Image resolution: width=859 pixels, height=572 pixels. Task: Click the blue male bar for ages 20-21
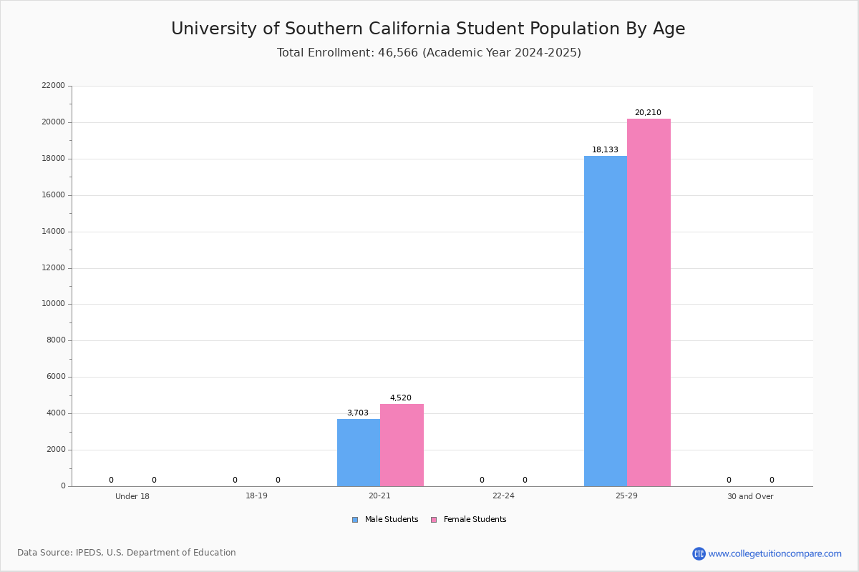pos(359,452)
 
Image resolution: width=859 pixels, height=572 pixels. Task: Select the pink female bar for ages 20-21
pos(402,445)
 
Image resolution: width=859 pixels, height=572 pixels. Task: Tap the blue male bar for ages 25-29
pos(606,321)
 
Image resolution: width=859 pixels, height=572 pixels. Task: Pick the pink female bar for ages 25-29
pos(649,302)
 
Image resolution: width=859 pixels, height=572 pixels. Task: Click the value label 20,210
pos(648,113)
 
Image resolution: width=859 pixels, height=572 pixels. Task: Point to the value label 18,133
pos(605,150)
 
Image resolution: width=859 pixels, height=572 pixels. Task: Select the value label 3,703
pos(358,413)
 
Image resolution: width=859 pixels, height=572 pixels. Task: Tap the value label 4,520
pos(401,398)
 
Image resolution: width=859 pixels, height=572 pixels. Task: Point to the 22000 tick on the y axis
pos(53,86)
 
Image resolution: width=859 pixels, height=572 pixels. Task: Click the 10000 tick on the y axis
pos(53,304)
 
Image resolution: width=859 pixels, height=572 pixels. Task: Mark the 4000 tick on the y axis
pos(55,413)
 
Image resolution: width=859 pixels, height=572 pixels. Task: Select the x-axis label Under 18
pos(132,496)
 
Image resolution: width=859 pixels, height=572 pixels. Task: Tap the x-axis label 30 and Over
pos(750,496)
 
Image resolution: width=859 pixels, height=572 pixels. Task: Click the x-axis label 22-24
pos(503,496)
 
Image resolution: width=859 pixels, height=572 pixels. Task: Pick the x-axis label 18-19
pos(256,496)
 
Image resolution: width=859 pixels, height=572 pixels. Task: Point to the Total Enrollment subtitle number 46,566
pos(397,53)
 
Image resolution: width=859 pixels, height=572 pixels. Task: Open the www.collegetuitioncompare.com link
pos(775,553)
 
